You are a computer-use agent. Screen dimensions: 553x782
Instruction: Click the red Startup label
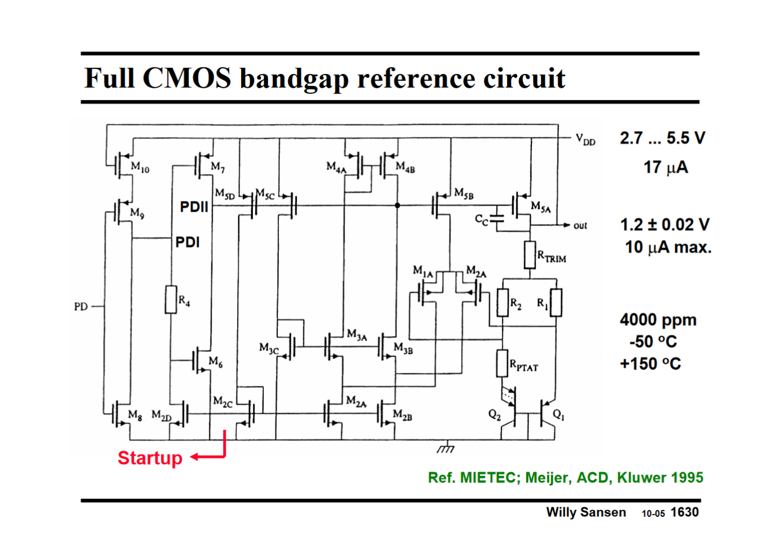pyautogui.click(x=150, y=458)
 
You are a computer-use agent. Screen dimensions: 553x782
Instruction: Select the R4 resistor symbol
pyautogui.click(x=171, y=299)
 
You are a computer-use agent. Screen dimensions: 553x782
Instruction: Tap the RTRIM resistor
pyautogui.click(x=530, y=255)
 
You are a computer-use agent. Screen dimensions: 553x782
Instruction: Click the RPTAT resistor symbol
pyautogui.click(x=502, y=363)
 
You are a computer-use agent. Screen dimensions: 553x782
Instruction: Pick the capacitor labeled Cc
pyautogui.click(x=497, y=220)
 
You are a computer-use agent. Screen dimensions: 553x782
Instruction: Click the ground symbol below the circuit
pyautogui.click(x=446, y=448)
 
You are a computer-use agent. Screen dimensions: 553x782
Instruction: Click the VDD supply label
pyautogui.click(x=586, y=139)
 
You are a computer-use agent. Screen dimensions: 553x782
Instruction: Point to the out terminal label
pyautogui.click(x=580, y=226)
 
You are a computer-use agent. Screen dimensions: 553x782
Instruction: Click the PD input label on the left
pyautogui.click(x=81, y=307)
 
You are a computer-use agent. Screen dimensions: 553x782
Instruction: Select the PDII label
pyautogui.click(x=194, y=207)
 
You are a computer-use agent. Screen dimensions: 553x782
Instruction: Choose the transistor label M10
pyautogui.click(x=140, y=167)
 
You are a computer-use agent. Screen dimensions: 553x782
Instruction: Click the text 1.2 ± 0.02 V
pyautogui.click(x=665, y=225)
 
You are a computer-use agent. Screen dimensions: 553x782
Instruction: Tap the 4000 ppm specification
pyautogui.click(x=658, y=320)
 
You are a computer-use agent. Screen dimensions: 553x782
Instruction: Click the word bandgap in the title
pyautogui.click(x=294, y=79)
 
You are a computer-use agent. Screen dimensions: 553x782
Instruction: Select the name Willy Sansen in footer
pyautogui.click(x=586, y=512)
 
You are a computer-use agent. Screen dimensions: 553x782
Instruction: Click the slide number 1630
pyautogui.click(x=684, y=512)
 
